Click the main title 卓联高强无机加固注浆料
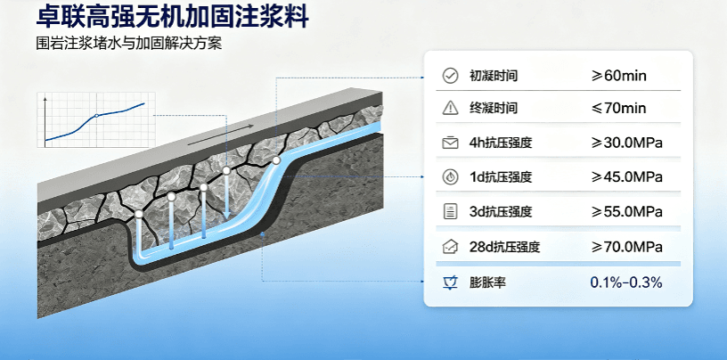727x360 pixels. (x=172, y=17)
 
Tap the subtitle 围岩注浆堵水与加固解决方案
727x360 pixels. (x=129, y=44)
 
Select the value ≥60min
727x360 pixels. (x=618, y=76)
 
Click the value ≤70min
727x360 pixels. (x=618, y=109)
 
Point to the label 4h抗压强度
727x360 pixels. (x=501, y=143)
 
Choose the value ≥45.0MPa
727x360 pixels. (x=626, y=177)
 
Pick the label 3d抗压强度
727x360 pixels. (x=501, y=212)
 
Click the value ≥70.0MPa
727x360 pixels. (x=626, y=247)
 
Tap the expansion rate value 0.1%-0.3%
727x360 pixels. (x=626, y=282)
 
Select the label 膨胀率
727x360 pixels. (x=487, y=282)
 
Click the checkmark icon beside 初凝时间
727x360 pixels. (x=450, y=76)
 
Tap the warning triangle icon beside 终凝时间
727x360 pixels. (x=450, y=108)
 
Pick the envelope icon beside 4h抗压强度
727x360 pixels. (x=450, y=143)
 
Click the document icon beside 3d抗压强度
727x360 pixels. (x=450, y=212)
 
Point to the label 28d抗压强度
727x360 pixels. (x=504, y=247)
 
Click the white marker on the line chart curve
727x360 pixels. (x=96, y=116)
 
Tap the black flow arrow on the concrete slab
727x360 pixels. (x=221, y=135)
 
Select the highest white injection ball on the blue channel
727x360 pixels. (x=276, y=160)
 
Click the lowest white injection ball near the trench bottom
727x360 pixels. (x=139, y=215)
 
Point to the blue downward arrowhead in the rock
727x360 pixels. (x=226, y=215)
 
